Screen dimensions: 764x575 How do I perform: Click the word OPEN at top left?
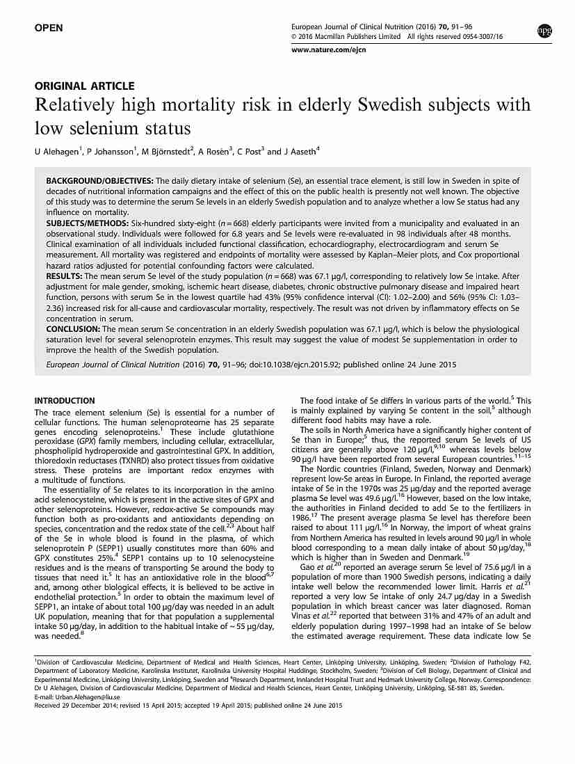49,28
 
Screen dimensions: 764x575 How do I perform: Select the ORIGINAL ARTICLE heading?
84,86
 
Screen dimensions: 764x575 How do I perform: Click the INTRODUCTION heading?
65,401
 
